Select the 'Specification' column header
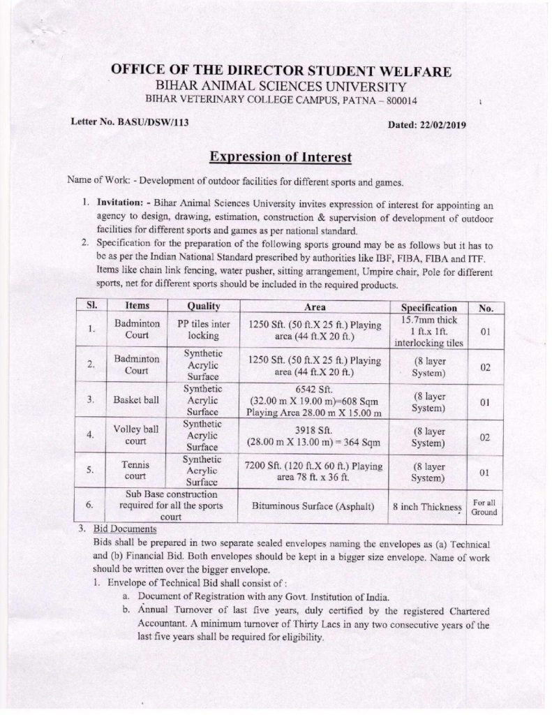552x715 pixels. point(429,307)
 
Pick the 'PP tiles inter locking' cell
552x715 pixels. point(203,330)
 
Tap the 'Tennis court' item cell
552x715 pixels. point(137,471)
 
